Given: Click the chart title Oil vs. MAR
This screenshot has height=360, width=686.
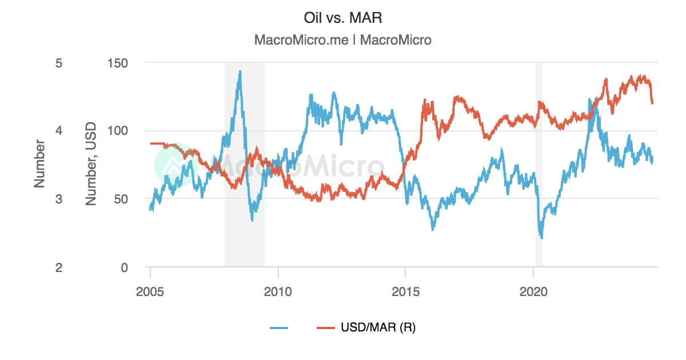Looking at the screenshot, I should coord(342,18).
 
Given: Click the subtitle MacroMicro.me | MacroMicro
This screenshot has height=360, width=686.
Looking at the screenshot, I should coord(342,40).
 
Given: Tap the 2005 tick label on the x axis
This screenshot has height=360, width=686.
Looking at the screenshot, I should coord(150,291).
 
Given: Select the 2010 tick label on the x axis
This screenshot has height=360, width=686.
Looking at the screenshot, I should coord(278,291).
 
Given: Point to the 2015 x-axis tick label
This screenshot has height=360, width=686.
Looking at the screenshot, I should coord(405,291).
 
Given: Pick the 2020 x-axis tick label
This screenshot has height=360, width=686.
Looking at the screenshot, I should coord(533,291).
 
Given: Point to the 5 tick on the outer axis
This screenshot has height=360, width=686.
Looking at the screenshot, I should coord(58,62).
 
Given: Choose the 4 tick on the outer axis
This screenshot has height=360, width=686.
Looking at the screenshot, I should coord(58,131).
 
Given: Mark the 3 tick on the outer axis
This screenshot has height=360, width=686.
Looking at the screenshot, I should coord(58,199).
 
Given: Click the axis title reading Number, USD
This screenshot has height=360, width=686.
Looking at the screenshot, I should coord(91,165).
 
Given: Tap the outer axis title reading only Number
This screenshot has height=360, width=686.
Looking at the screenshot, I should coord(39,165).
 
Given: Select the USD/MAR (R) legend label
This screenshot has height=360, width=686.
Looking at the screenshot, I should coord(378,327).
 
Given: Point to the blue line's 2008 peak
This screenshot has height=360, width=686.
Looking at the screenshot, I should coord(240,71).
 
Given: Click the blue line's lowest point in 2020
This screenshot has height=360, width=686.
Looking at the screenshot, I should coord(541,237).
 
